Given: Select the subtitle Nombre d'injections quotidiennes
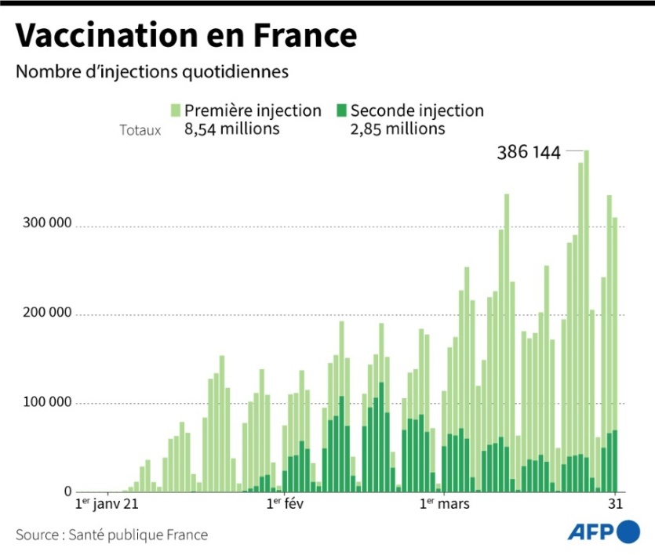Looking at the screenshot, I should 152,72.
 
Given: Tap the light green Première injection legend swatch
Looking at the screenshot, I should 176,111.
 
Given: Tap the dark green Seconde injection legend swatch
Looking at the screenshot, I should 341,111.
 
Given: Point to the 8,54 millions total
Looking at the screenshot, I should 232,129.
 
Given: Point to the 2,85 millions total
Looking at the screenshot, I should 398,129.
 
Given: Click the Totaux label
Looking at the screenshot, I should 140,130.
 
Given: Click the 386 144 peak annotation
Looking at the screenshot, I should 529,153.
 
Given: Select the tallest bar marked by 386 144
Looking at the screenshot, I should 587,314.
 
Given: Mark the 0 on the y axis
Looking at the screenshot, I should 68,492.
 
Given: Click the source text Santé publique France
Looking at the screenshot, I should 112,535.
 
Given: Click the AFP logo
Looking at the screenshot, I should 604,532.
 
